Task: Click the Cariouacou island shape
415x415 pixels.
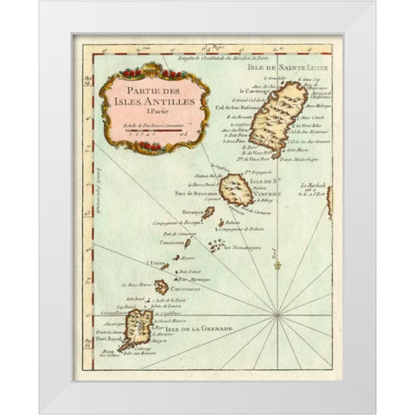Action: coord(162,285)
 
